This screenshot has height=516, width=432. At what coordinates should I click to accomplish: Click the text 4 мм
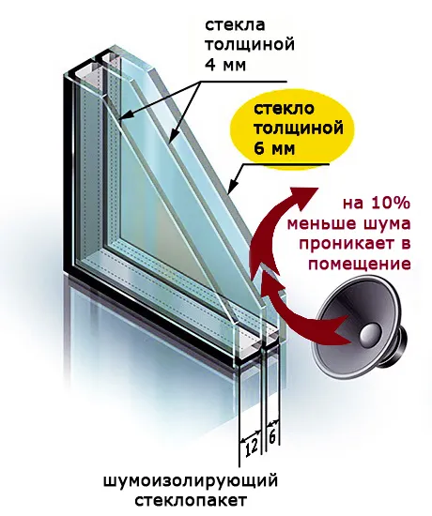click(x=225, y=65)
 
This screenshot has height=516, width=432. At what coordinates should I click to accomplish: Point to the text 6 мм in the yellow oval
click(x=274, y=149)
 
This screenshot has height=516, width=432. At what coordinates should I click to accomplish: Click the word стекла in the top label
click(x=235, y=25)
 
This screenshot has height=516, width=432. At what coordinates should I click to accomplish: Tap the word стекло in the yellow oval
click(x=284, y=109)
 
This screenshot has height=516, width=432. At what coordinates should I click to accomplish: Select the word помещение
click(x=359, y=265)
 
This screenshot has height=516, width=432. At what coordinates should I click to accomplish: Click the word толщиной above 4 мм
click(x=250, y=44)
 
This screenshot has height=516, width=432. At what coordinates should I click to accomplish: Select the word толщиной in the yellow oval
click(x=298, y=129)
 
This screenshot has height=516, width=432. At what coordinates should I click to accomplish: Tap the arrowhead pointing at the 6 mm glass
click(x=232, y=187)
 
